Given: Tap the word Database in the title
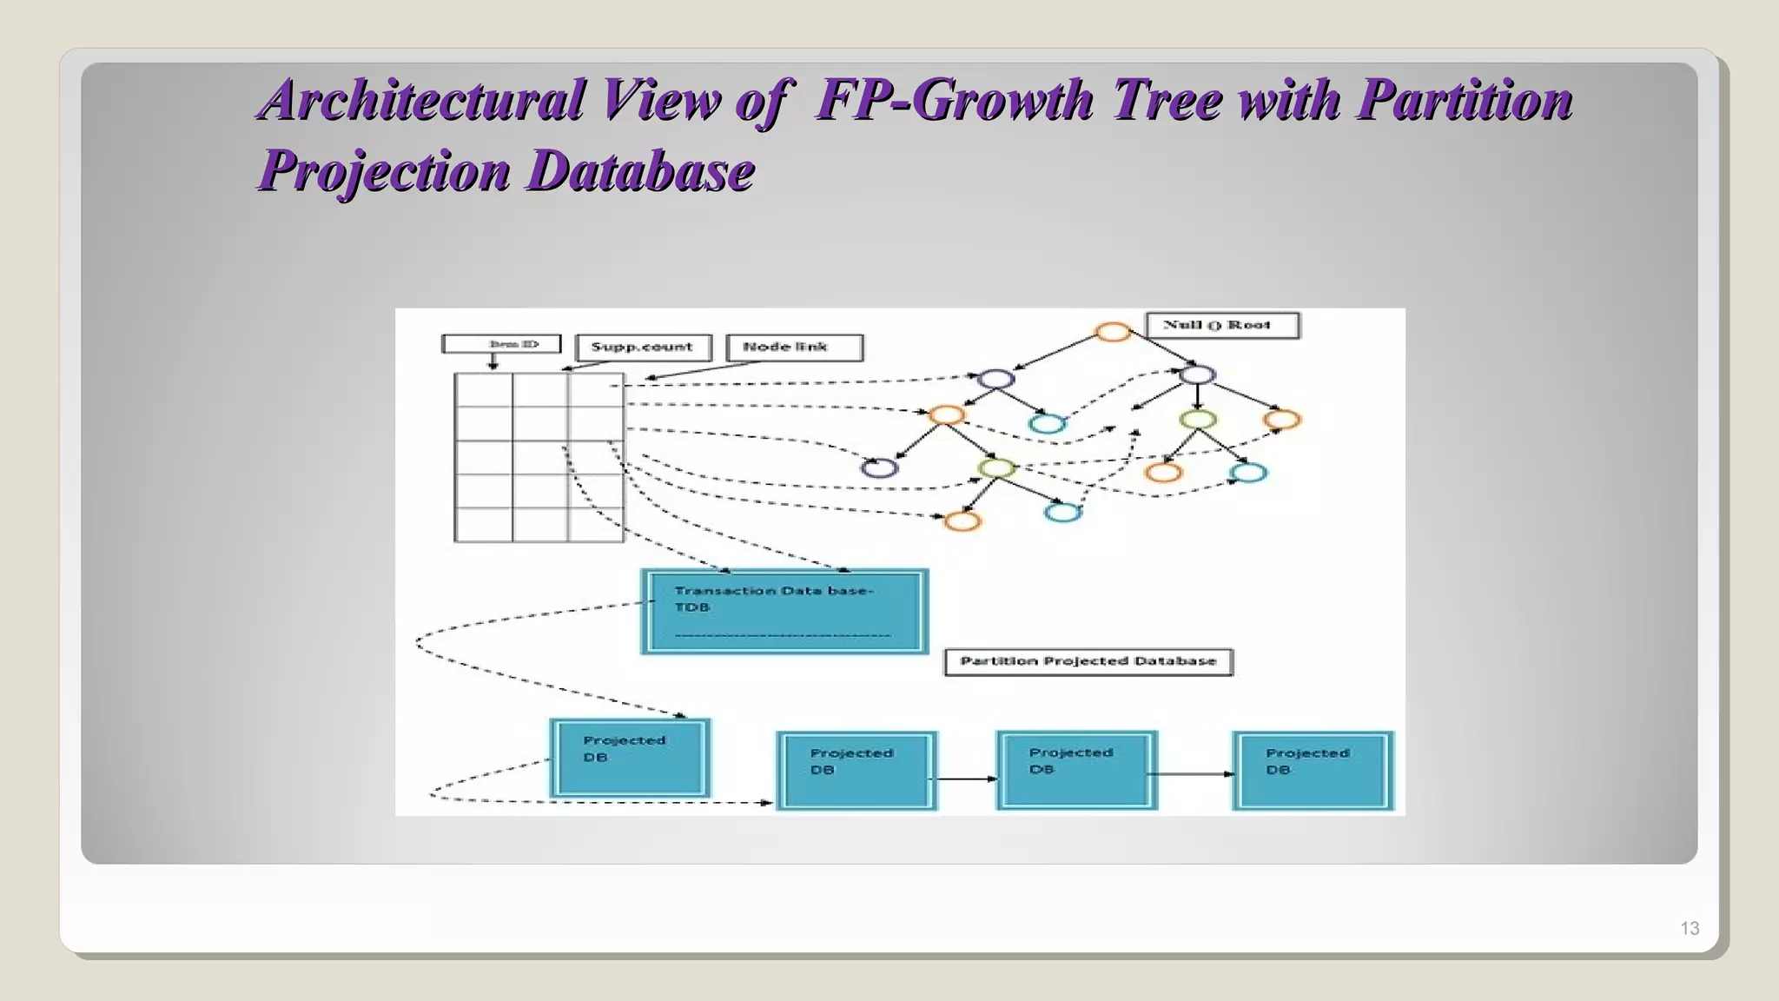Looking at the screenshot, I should [641, 170].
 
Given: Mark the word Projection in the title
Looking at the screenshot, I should [385, 170].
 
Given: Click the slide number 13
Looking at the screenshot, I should [1689, 928].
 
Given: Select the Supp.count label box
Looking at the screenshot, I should [643, 348].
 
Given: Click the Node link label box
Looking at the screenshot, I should [794, 348].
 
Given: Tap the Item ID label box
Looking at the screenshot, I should [502, 344].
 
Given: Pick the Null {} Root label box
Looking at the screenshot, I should [1222, 326].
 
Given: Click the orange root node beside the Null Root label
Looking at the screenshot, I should [1113, 332].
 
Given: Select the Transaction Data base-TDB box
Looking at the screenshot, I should [784, 612].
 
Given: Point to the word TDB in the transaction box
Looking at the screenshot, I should [692, 607].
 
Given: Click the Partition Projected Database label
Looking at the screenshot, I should [1088, 662].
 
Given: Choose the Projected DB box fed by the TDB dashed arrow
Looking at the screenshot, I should [630, 758].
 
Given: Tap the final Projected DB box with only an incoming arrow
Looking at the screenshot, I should [1313, 771].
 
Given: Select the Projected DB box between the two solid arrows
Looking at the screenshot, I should [1076, 771].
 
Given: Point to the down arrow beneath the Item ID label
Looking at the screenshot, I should [493, 361].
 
